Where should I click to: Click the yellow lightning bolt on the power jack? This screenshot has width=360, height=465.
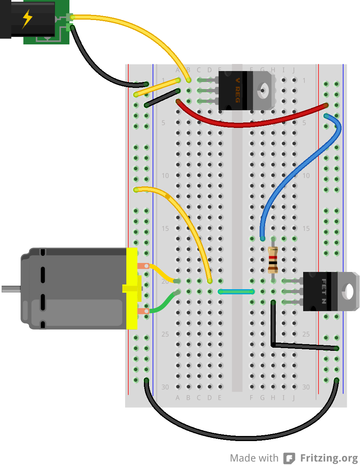(x=27, y=19)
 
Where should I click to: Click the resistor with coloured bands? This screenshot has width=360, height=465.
(x=273, y=259)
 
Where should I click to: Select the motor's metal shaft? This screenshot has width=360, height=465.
(x=11, y=289)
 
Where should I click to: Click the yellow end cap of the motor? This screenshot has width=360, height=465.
(x=132, y=288)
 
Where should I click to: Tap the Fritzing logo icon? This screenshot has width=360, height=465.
(x=289, y=458)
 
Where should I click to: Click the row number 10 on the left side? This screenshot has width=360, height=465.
(x=165, y=175)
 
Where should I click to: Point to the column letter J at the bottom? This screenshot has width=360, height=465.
(x=294, y=398)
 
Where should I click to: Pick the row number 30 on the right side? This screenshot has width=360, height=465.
(x=306, y=387)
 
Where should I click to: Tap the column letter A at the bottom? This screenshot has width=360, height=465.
(x=178, y=398)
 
